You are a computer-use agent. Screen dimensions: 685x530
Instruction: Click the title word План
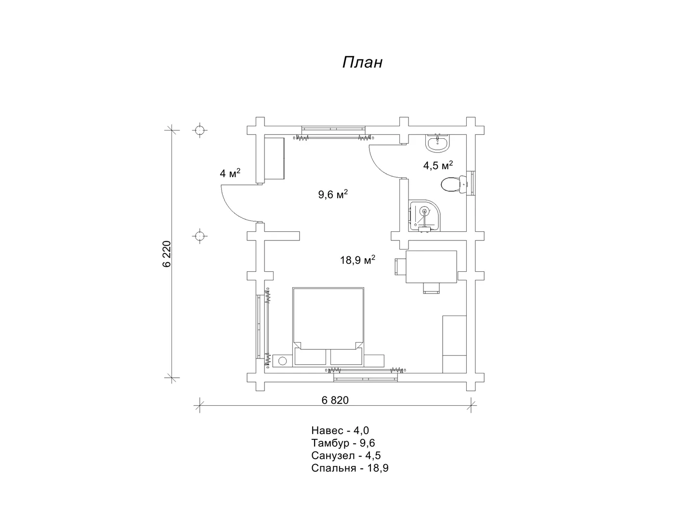(x=363, y=62)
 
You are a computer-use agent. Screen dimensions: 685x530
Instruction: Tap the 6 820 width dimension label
(x=335, y=400)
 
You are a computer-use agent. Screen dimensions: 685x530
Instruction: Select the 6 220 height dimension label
(x=167, y=254)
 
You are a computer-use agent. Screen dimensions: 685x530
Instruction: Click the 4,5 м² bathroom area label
(x=438, y=165)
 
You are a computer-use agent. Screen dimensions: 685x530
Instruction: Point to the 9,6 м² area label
(x=333, y=194)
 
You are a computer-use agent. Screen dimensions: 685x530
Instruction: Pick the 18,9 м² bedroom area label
(x=357, y=260)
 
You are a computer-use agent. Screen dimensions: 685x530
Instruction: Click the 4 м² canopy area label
(x=230, y=173)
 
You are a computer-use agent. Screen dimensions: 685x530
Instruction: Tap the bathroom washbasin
(x=437, y=144)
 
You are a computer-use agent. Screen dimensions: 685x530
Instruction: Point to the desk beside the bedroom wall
(x=431, y=267)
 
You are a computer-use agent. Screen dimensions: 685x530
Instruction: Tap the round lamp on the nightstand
(x=282, y=361)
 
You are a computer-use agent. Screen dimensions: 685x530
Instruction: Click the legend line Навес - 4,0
(x=340, y=430)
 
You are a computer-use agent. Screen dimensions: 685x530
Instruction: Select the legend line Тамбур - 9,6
(x=343, y=443)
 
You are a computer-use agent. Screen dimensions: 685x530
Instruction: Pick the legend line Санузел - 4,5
(x=346, y=456)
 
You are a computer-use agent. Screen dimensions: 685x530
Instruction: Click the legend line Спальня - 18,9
(x=350, y=468)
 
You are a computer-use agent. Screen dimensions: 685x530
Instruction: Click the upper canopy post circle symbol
(x=199, y=130)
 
